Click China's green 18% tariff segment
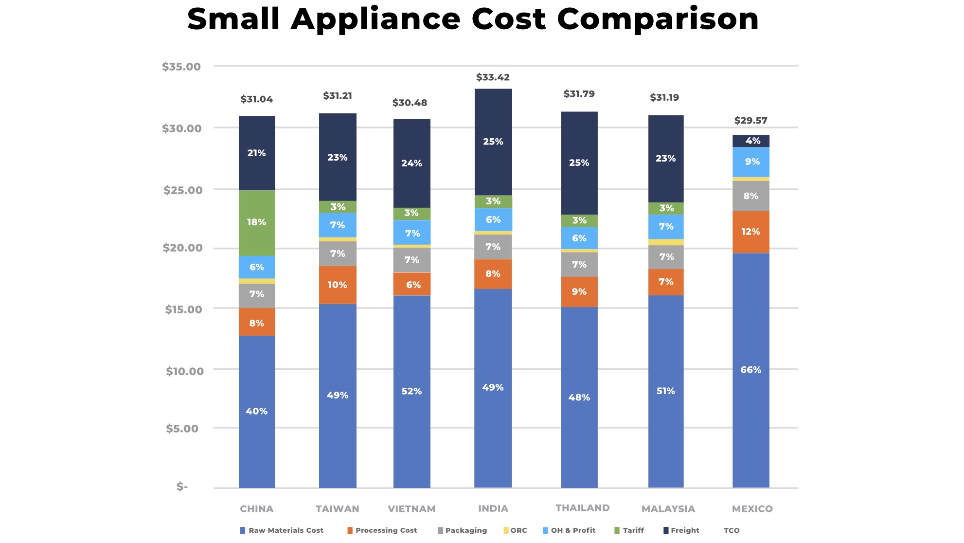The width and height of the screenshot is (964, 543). pos(257,223)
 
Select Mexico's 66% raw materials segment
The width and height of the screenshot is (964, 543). pos(751,370)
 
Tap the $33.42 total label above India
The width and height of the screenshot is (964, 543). pos(493,77)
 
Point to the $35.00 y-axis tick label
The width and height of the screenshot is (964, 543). pos(181,67)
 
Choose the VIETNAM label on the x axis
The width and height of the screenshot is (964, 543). pos(411,509)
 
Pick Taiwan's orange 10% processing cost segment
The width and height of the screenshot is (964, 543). pos(338,285)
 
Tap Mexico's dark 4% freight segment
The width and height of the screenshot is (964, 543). pos(751,141)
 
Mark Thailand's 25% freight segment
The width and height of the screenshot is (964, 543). pos(579,163)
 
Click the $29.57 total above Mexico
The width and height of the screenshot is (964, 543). pos(750,121)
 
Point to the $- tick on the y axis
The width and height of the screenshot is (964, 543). pos(182,487)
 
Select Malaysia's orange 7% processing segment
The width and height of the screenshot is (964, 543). pos(666,282)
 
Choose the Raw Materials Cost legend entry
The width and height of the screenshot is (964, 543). pos(282,530)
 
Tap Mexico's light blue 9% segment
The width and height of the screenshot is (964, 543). pos(751,162)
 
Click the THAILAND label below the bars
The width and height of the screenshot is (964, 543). pos(583,508)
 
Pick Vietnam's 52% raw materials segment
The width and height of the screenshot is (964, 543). pos(411,392)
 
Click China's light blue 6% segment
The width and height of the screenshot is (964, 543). pos(257,267)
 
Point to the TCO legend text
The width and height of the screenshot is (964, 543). pos(732,530)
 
